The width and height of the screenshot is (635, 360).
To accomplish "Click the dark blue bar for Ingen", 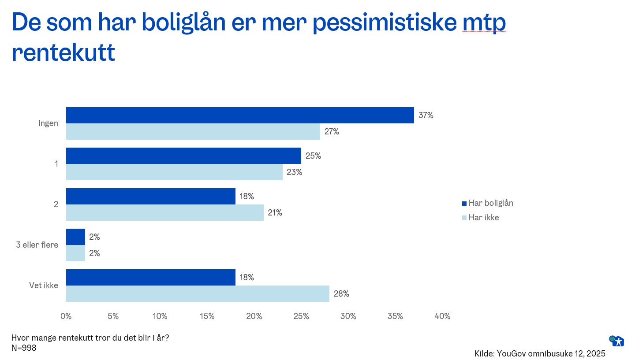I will click(239, 115).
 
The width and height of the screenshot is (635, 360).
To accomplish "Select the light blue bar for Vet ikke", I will click(198, 294).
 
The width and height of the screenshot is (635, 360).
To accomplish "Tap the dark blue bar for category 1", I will click(183, 156).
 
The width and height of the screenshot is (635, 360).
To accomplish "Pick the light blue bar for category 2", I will click(164, 213).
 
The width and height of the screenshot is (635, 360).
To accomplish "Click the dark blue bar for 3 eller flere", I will click(75, 237).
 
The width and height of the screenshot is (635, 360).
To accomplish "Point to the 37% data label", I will click(426, 115).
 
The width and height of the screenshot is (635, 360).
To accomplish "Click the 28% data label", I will click(341, 294).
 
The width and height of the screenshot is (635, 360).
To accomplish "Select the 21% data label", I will click(275, 213).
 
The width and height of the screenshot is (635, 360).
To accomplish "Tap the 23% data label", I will click(294, 172).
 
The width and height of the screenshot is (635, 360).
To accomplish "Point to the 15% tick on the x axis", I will click(207, 316).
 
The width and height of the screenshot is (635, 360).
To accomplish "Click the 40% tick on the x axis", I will click(442, 316).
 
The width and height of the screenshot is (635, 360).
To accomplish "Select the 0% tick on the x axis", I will click(66, 316).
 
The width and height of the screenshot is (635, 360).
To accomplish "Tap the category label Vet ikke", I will click(44, 286).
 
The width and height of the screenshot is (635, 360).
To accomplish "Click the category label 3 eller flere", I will click(37, 245).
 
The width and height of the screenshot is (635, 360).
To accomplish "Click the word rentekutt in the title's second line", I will click(63, 53).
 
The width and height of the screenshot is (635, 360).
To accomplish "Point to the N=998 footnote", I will click(24, 348).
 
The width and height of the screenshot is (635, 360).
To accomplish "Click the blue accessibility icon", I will click(618, 341).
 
